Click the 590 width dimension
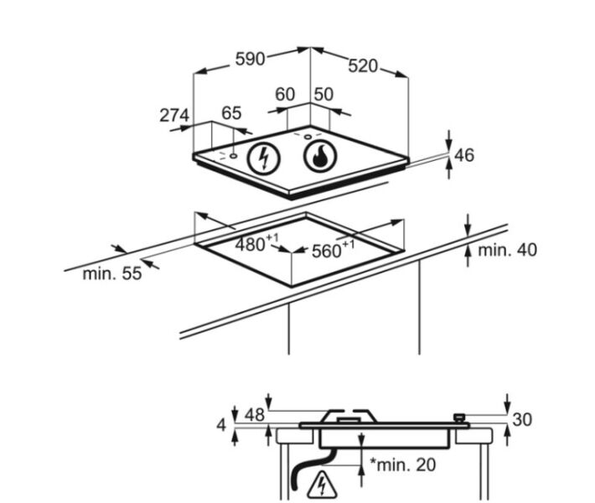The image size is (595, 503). pyautogui.click(x=250, y=60)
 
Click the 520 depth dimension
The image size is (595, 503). pyautogui.click(x=363, y=66)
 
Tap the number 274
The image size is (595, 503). pyautogui.click(x=174, y=115)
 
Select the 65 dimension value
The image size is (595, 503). pyautogui.click(x=231, y=113)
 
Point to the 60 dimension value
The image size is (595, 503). pyautogui.click(x=285, y=94)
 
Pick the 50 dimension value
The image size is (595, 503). pyautogui.click(x=323, y=94)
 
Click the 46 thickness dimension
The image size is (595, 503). pyautogui.click(x=464, y=155)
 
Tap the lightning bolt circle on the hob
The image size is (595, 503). pyautogui.click(x=264, y=158)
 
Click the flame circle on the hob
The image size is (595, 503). pyautogui.click(x=320, y=156)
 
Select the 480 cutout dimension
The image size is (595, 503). pyautogui.click(x=256, y=243)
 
